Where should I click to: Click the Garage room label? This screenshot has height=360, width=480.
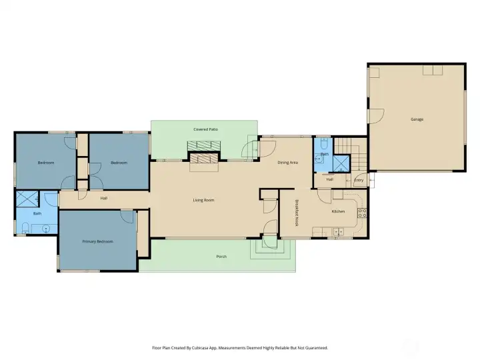(417, 119)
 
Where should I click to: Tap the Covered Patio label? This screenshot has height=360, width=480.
(206, 129)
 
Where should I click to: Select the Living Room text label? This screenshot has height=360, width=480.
(203, 200)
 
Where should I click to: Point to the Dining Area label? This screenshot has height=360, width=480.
(288, 163)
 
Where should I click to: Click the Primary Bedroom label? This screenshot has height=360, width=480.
(97, 241)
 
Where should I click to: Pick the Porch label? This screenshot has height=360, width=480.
(221, 257)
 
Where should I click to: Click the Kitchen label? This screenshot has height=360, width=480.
(338, 211)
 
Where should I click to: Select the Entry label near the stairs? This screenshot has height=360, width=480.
(359, 180)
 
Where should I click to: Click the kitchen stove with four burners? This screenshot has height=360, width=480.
(362, 213)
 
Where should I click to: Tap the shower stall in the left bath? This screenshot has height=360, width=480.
(27, 199)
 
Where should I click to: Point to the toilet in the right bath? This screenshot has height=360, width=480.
(325, 143)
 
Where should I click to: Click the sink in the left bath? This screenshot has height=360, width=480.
(46, 229)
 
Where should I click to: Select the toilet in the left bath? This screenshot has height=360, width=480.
(26, 228)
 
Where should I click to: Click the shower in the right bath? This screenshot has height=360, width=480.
(341, 164)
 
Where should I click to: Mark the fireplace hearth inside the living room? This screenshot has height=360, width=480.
(204, 167)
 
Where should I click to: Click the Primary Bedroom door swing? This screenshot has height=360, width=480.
(127, 217)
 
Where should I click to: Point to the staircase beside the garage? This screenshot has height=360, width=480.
(351, 154)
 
